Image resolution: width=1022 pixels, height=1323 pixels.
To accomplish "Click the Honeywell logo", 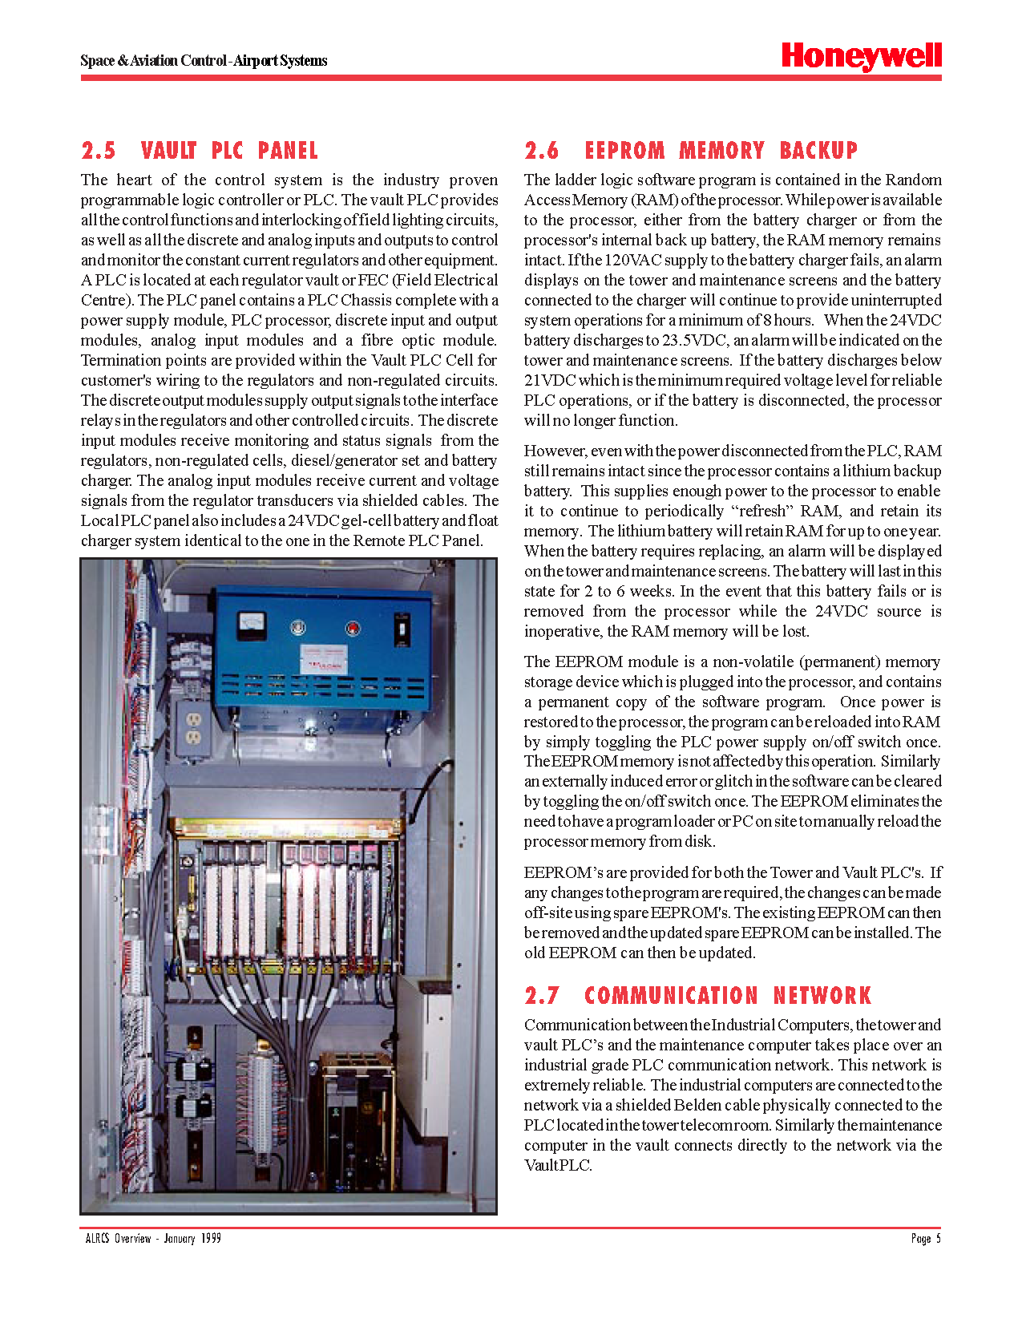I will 861,56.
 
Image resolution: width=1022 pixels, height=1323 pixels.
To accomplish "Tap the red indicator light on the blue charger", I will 351,627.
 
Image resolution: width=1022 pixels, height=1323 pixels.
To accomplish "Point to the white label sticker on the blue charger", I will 324,658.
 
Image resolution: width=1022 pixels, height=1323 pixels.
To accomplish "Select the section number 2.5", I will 99,151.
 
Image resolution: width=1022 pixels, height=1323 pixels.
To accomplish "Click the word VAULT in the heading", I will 168,151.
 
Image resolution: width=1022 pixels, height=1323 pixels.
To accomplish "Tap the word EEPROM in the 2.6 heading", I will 624,151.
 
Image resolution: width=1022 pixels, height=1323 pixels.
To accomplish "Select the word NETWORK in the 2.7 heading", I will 822,996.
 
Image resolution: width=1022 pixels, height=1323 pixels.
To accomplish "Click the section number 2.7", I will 542,996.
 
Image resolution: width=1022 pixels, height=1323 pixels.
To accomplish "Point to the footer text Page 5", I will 926,1239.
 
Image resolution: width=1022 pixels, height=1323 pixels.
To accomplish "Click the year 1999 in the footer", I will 212,1239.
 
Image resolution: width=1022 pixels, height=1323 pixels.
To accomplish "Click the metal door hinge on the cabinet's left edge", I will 96,829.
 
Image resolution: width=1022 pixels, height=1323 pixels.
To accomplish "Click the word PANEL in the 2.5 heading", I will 288,151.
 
